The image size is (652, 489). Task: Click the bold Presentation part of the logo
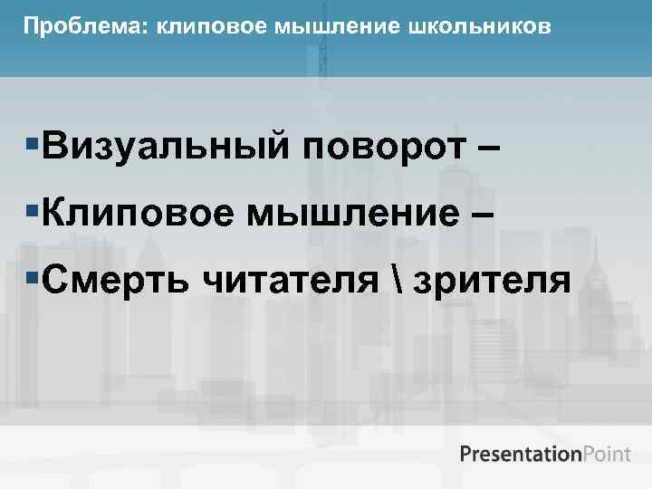pos(520,453)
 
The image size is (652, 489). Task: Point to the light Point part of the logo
pos(606,453)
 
